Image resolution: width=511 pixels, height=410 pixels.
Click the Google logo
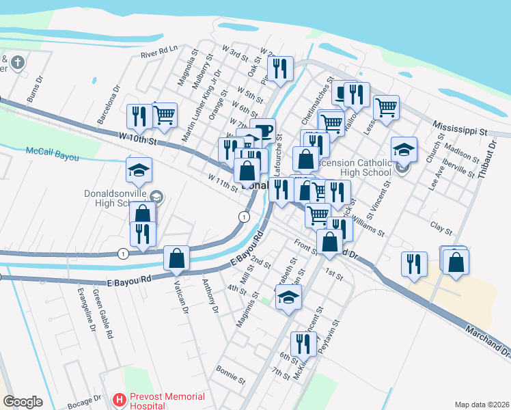pyautogui.click(x=22, y=402)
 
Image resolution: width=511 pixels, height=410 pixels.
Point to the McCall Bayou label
pyautogui.click(x=52, y=154)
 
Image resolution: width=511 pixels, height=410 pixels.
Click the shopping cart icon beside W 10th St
pyautogui.click(x=165, y=115)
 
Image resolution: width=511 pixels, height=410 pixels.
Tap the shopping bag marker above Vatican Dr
pyautogui.click(x=177, y=258)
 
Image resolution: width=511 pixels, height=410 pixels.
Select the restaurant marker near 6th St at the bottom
pyautogui.click(x=301, y=344)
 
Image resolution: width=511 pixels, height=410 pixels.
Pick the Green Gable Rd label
pyautogui.click(x=102, y=315)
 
